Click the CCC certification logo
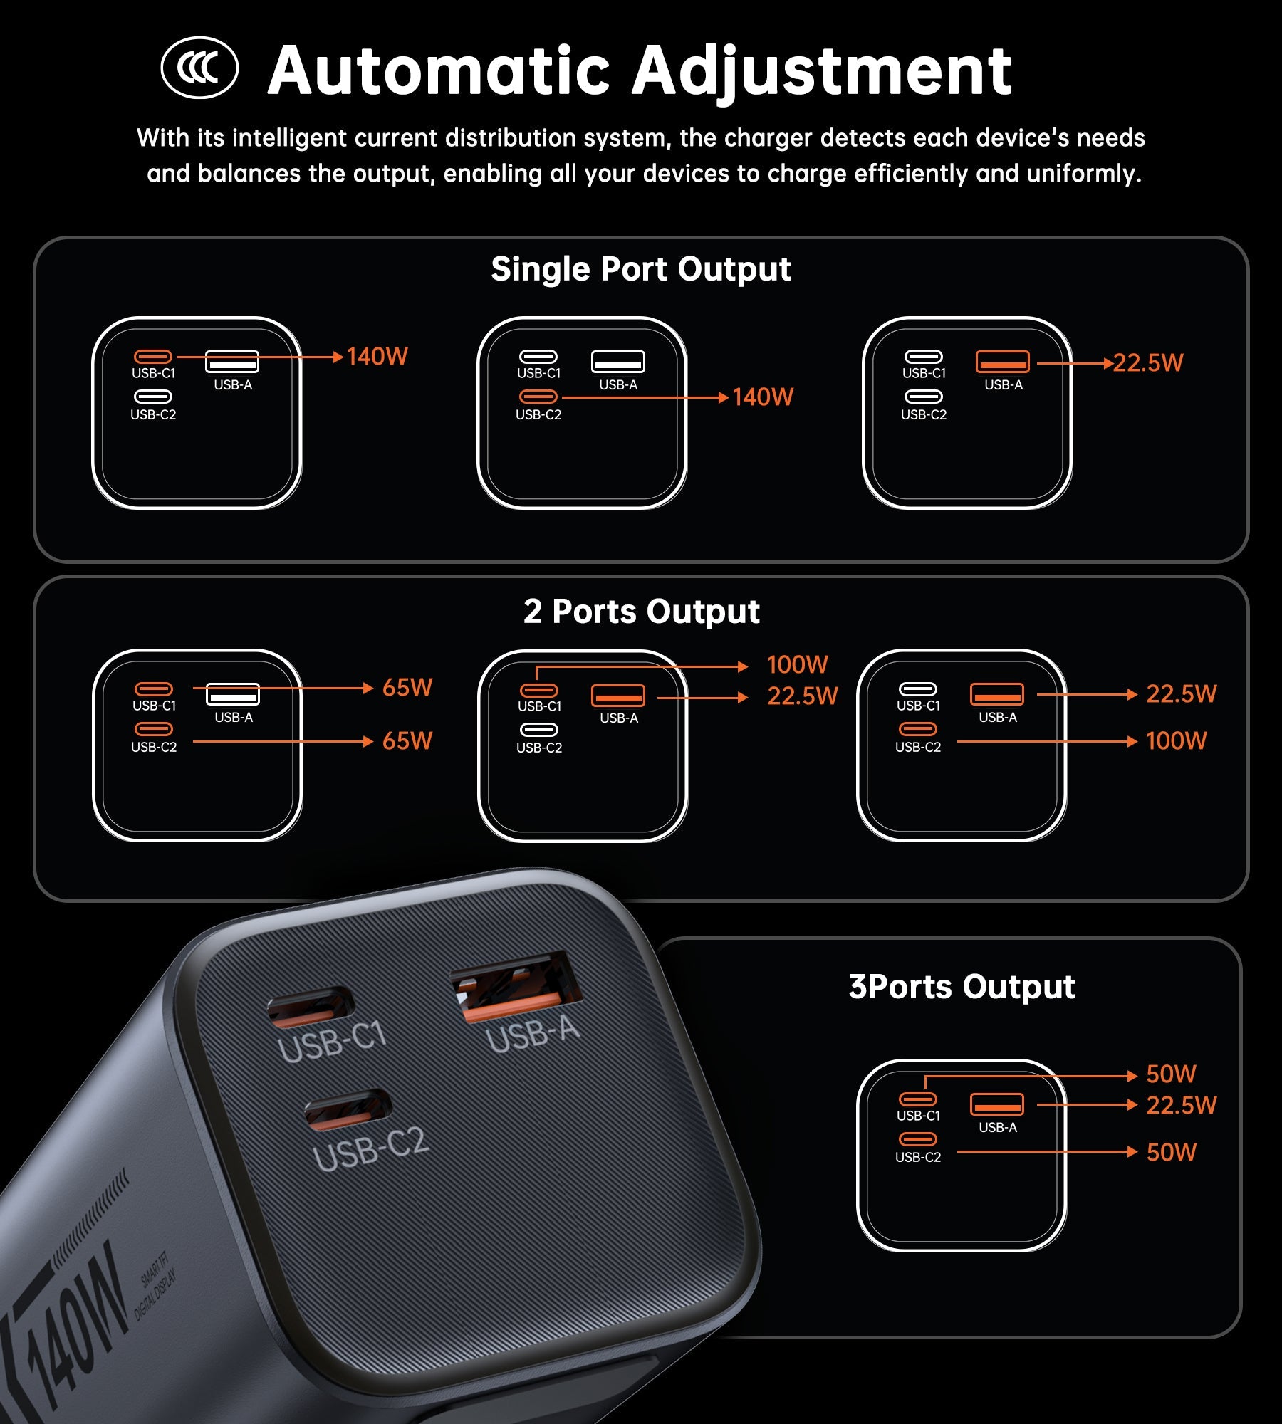199,68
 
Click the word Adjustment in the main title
822,71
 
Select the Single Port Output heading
641,269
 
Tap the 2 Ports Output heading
641,611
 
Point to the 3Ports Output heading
961,987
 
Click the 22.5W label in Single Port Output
1148,363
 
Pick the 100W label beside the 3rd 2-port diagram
1177,741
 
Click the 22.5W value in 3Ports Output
1182,1106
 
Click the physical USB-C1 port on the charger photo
310,1006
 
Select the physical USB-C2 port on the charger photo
348,1109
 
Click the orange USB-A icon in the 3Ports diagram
996,1104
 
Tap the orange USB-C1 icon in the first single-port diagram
153,357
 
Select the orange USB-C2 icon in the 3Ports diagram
917,1139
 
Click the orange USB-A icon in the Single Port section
1002,362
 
